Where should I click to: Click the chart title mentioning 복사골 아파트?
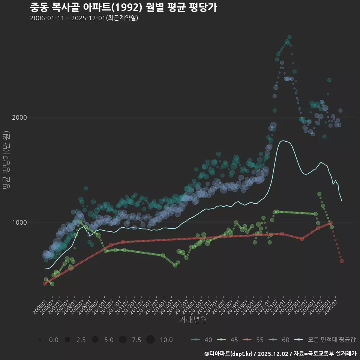[x=123, y=7]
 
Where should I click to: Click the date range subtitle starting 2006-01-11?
[x=84, y=18]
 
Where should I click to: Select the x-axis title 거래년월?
[x=193, y=320]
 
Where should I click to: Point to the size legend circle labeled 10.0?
[x=150, y=340]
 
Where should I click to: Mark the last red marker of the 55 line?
[x=342, y=261]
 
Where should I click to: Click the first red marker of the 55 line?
[x=45, y=283]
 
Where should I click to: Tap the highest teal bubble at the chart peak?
[x=289, y=37]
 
